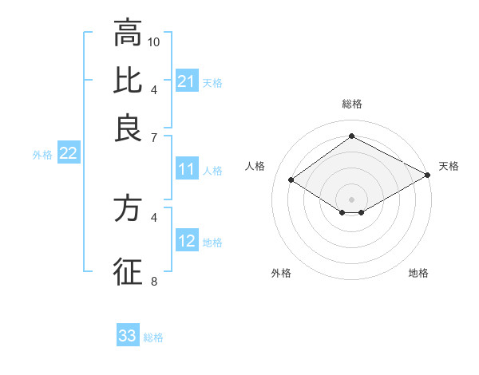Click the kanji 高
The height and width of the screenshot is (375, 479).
coord(128,34)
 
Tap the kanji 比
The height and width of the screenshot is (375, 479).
coord(128,81)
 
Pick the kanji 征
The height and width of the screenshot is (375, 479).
coord(128,270)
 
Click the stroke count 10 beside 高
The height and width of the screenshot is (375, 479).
coord(154,41)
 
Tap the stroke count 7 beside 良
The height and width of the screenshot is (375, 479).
coord(154,138)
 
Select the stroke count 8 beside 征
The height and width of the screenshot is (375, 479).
coord(154,281)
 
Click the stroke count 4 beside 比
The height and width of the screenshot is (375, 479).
coord(154,89)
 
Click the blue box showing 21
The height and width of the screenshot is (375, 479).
coord(186,81)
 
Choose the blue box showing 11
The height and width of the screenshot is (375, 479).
coord(186,170)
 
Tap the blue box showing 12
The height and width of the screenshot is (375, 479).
coord(186,242)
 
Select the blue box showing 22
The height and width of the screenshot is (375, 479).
coord(68,154)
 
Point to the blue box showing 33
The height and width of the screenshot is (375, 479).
coord(128,336)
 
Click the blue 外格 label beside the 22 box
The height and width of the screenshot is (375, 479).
coord(42,155)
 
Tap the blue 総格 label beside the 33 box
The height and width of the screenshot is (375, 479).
coord(153,337)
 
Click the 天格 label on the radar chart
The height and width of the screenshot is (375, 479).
coord(449,166)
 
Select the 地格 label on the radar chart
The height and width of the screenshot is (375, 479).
coord(418,274)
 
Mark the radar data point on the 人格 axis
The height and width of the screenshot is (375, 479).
coord(291,180)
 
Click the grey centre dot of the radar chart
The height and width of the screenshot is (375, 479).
coord(351,199)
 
